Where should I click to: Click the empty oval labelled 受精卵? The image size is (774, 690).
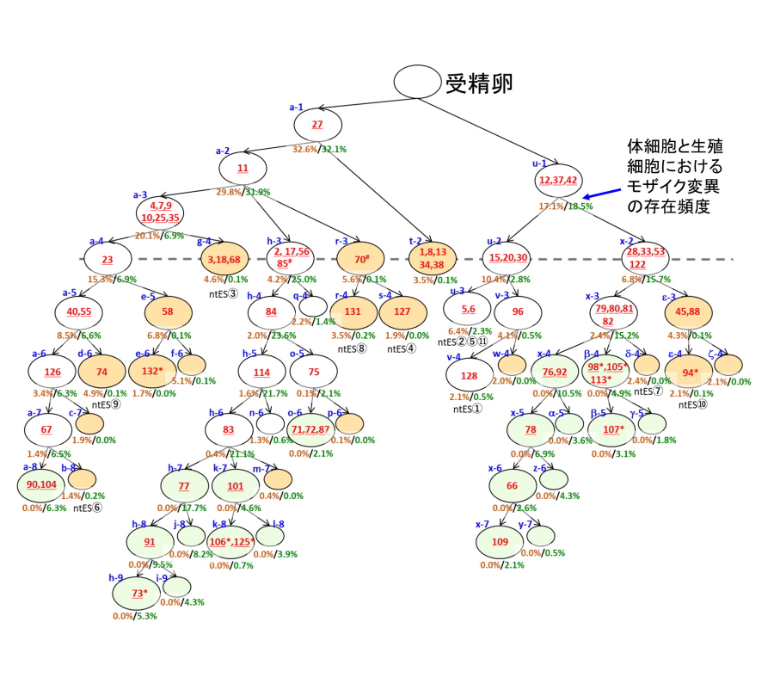coord(417,82)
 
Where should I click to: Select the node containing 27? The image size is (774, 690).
coord(317,126)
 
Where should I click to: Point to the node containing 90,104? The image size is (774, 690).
coord(41,485)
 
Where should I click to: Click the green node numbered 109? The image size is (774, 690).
coord(500,542)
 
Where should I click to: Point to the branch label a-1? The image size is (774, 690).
coord(296,108)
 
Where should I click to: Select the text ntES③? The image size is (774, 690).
coord(224,294)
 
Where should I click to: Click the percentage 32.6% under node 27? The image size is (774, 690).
coord(305,149)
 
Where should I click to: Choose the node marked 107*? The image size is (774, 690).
coord(613,429)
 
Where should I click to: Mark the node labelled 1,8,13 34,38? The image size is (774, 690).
coord(433,257)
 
